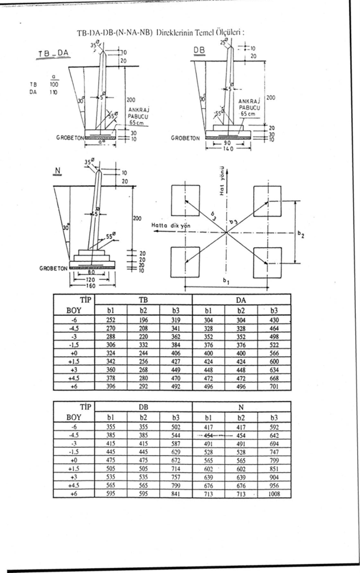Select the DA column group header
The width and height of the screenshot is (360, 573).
tap(241, 299)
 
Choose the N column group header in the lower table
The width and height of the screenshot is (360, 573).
tap(241, 406)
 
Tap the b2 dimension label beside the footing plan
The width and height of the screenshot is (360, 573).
tap(301, 234)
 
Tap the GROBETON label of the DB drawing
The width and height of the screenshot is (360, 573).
tap(185, 139)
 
